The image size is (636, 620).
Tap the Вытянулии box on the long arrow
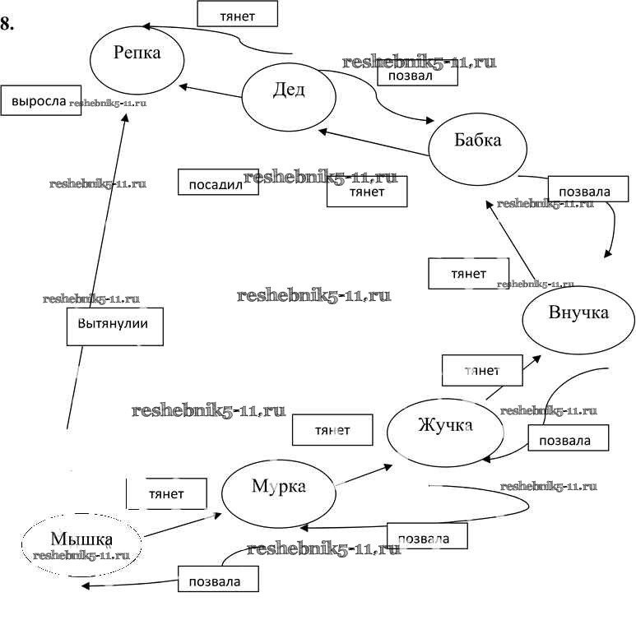(114, 326)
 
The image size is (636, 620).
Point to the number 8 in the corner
(7, 24)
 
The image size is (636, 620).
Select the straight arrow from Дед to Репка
(211, 91)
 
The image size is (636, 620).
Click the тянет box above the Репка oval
(237, 14)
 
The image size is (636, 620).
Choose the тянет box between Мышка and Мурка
(165, 493)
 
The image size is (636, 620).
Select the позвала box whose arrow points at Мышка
(218, 579)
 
